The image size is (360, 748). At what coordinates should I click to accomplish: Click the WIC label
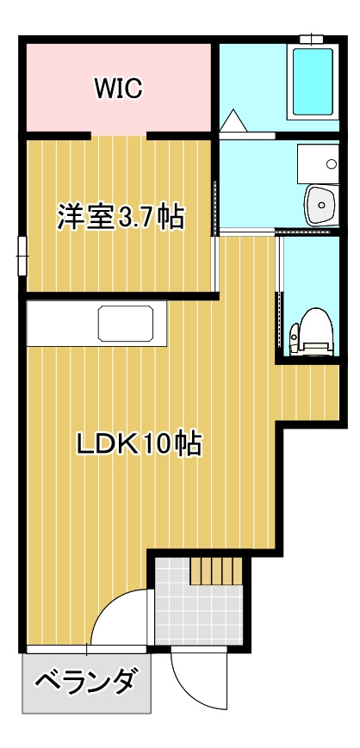[x=118, y=87]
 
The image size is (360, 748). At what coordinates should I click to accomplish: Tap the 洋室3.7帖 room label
[x=121, y=217]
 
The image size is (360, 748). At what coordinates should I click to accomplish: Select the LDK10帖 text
[x=139, y=443]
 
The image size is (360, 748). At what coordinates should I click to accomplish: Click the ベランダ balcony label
[x=85, y=683]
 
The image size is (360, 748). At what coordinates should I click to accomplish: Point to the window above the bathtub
[x=311, y=39]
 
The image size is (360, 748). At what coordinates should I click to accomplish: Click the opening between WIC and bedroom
[x=119, y=136]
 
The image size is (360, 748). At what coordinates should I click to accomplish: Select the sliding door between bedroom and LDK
[x=214, y=264]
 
